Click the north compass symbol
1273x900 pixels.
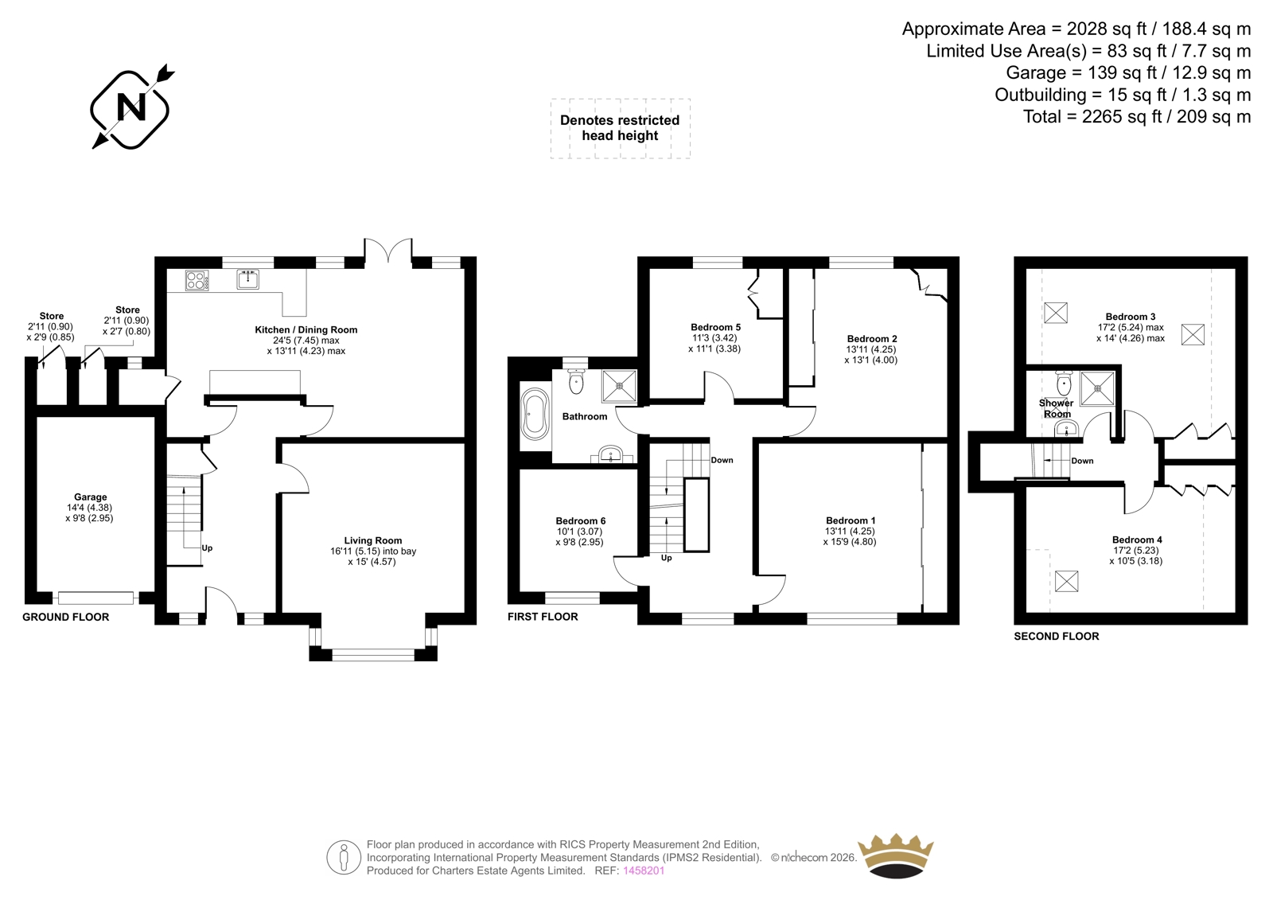131,107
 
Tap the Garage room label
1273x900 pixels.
91,497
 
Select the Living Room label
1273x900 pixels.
373,540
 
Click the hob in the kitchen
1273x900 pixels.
197,280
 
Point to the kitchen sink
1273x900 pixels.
247,280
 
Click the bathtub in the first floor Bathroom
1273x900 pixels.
535,415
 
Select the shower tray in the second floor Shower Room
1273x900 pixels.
1097,388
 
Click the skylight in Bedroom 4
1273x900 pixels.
1066,581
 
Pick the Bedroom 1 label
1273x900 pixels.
851,520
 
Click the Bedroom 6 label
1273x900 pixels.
580,520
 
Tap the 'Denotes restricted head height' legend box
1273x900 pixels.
620,128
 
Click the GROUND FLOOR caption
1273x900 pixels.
65,617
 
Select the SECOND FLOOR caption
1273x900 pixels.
1057,636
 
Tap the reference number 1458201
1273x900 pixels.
644,871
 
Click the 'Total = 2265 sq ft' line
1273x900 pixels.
1137,116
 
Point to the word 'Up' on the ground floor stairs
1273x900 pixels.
207,548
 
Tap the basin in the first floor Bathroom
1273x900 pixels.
612,454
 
